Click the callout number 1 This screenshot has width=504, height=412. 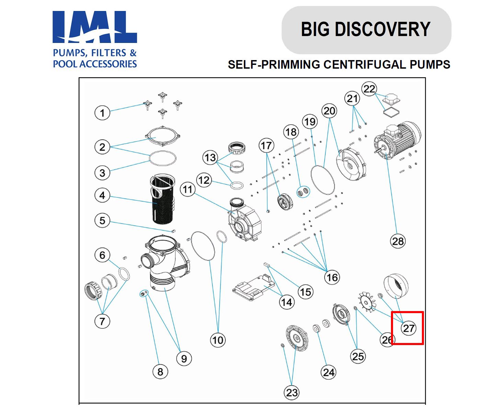(102, 113)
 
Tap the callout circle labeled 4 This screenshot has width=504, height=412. (102, 195)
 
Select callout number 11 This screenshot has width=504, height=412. (188, 189)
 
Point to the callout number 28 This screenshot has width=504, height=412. (398, 241)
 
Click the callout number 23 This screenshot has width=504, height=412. (292, 392)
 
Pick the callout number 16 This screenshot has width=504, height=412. (332, 277)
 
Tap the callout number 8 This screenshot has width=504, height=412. (160, 371)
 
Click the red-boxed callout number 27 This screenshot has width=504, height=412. (408, 328)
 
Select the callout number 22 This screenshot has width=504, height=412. (369, 89)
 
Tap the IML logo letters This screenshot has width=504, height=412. (95, 27)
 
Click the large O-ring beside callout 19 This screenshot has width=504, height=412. (323, 180)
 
